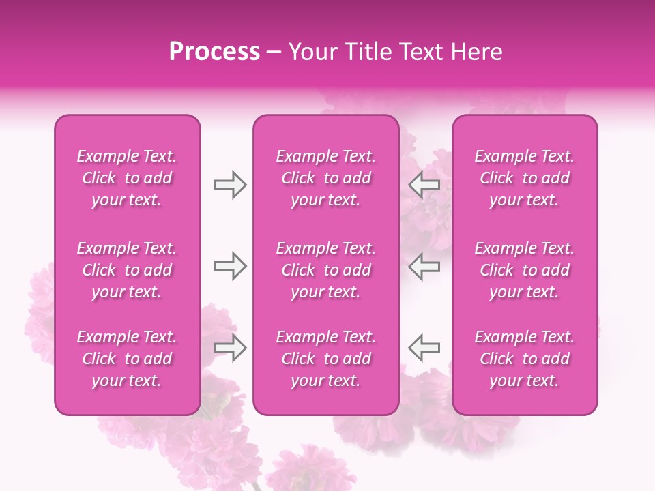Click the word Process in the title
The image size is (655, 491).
(214, 52)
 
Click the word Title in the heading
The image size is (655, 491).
(368, 52)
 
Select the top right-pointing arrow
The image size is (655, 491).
(231, 185)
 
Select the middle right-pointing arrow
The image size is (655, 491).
(231, 266)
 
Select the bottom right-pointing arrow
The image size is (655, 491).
(231, 348)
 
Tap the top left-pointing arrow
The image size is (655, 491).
(424, 185)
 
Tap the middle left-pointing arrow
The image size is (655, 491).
(424, 266)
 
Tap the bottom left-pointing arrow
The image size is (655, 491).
(424, 348)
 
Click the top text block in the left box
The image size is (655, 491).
(127, 178)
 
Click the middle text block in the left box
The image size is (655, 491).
(127, 270)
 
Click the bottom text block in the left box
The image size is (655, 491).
(127, 359)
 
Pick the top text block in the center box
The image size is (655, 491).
(326, 178)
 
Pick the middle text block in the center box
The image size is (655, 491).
(326, 270)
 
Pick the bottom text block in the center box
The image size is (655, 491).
(326, 359)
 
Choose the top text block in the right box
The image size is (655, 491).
(525, 178)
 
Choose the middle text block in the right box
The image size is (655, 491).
(525, 270)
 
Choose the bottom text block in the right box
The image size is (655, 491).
(525, 359)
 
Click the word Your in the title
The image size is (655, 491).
(313, 52)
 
